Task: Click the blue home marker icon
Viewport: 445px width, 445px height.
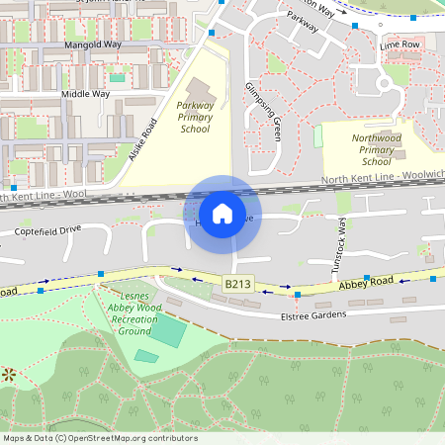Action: click(x=222, y=213)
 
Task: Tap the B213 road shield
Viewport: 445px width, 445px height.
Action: click(x=236, y=284)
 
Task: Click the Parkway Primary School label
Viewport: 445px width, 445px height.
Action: click(x=196, y=116)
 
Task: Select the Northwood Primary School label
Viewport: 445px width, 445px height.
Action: click(x=377, y=150)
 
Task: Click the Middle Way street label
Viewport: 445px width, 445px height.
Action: click(x=85, y=94)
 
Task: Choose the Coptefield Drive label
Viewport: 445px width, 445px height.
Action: click(x=47, y=230)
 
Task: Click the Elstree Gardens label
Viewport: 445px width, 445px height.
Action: click(x=312, y=314)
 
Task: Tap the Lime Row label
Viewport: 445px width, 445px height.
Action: click(x=400, y=45)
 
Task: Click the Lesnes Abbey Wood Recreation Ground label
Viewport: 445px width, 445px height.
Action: click(x=133, y=312)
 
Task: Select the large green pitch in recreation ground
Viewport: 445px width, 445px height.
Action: click(x=167, y=330)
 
